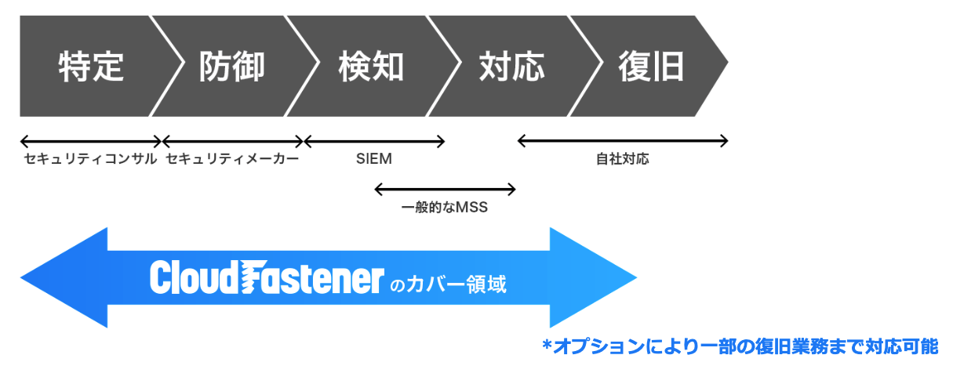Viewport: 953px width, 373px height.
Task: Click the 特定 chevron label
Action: (x=91, y=67)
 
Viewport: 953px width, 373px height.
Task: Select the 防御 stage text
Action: (x=231, y=67)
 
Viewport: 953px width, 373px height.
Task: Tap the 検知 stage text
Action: (x=371, y=67)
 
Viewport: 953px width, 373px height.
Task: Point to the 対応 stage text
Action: (x=511, y=67)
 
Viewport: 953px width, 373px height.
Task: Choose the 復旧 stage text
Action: (x=651, y=67)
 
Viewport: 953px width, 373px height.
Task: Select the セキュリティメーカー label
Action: (x=232, y=159)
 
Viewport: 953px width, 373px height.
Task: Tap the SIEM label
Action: (x=373, y=159)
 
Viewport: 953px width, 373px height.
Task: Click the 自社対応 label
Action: (x=623, y=159)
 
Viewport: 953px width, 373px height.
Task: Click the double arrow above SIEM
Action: (x=374, y=142)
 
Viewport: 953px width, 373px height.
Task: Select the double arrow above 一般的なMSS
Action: (x=445, y=189)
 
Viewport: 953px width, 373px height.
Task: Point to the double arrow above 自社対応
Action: (x=623, y=142)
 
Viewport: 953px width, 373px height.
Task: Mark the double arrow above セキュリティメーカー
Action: (x=232, y=142)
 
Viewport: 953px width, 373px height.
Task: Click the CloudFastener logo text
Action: (x=267, y=278)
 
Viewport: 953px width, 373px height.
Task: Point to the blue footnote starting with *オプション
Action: (x=740, y=346)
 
